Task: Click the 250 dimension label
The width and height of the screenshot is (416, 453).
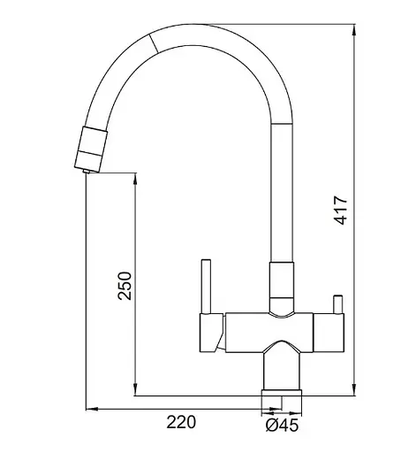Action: (x=125, y=286)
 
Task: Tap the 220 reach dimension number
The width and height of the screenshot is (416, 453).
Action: (x=181, y=422)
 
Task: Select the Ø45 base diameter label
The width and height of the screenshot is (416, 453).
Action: (x=282, y=426)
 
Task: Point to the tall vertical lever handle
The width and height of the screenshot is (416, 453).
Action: (x=206, y=287)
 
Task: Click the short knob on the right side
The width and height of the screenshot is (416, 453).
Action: (x=337, y=304)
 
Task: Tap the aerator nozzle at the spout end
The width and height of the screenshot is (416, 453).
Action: (x=91, y=149)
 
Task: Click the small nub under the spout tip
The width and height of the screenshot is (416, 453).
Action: (x=87, y=171)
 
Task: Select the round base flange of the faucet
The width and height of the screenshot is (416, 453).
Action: (x=282, y=394)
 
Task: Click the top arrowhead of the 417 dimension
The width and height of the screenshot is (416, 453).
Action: (x=354, y=29)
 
